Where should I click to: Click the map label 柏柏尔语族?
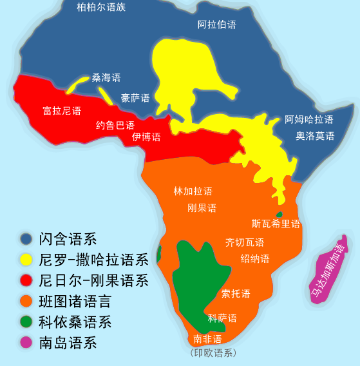(101, 8)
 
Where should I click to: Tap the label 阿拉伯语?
(216, 24)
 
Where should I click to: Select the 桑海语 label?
(106, 77)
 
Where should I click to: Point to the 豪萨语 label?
(135, 98)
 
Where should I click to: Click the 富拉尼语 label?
(62, 111)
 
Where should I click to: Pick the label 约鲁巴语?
(115, 125)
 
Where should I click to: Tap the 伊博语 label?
(146, 137)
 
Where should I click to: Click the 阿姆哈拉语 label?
(309, 119)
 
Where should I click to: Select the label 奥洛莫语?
(315, 136)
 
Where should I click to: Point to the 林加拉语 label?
(193, 191)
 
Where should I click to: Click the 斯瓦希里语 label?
(276, 224)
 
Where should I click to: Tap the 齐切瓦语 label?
(244, 242)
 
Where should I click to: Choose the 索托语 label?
(236, 293)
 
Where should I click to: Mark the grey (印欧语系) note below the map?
(213, 353)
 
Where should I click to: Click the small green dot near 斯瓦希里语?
(279, 214)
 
